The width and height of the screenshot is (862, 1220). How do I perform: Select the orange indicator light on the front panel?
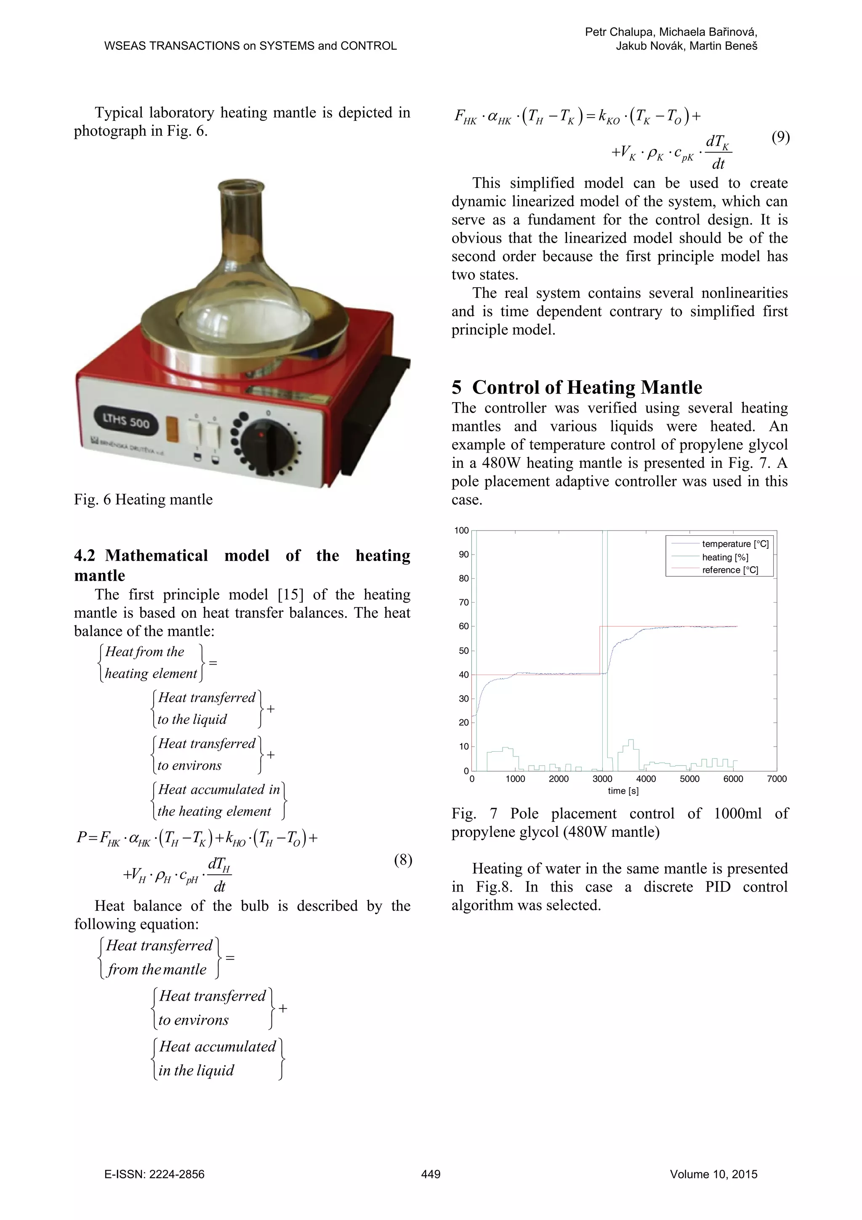click(173, 430)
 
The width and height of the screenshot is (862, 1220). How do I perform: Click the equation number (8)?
click(402, 860)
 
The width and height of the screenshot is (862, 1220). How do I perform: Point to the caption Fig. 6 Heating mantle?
click(144, 499)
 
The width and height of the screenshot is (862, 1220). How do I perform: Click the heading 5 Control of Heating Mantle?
click(577, 387)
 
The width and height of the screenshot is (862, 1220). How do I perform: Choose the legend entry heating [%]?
click(725, 557)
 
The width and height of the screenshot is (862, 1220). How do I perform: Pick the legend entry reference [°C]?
click(730, 570)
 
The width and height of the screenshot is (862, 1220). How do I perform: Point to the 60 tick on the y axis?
click(464, 627)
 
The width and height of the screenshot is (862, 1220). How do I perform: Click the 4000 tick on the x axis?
click(646, 779)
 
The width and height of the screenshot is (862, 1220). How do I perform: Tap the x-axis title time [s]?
click(623, 790)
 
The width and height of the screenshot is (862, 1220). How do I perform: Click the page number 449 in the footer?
click(431, 1174)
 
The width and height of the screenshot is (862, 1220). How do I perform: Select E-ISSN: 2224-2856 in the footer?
click(154, 1174)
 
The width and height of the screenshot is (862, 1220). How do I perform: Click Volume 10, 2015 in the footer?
click(713, 1174)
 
